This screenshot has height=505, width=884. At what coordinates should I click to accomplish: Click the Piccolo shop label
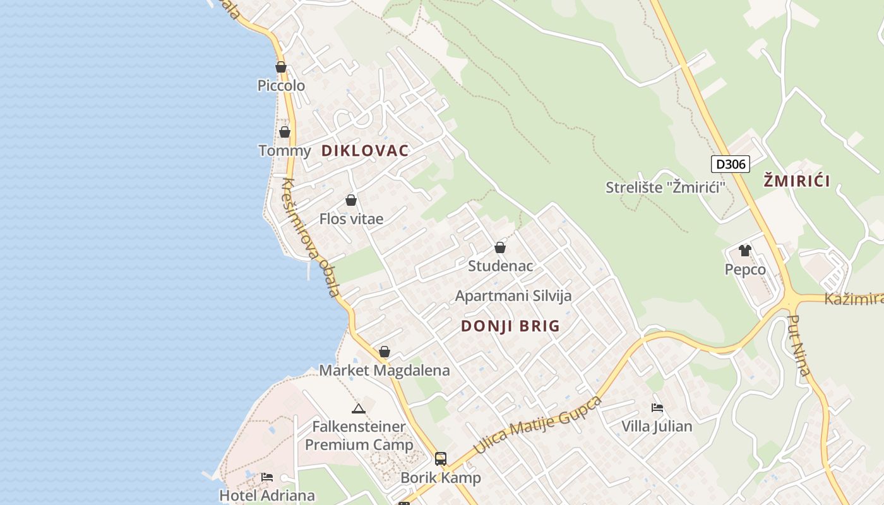pyautogui.click(x=281, y=85)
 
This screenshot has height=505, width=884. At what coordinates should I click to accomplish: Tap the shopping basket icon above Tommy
pyautogui.click(x=285, y=132)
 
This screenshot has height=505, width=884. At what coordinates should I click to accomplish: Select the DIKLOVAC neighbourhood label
pyautogui.click(x=365, y=150)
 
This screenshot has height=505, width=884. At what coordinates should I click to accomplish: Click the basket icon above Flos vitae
pyautogui.click(x=351, y=200)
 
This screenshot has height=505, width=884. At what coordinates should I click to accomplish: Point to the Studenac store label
pyautogui.click(x=500, y=266)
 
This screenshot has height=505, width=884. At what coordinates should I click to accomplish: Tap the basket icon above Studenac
pyautogui.click(x=500, y=247)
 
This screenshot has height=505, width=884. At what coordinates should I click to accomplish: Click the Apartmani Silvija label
pyautogui.click(x=513, y=295)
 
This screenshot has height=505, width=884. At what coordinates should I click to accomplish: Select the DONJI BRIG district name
pyautogui.click(x=510, y=326)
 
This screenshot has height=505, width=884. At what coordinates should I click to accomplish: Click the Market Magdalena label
pyautogui.click(x=384, y=370)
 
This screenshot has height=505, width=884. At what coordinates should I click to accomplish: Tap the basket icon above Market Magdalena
pyautogui.click(x=385, y=352)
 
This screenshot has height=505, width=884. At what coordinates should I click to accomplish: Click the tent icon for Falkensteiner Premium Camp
pyautogui.click(x=359, y=408)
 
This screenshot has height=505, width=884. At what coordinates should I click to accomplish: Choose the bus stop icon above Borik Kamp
pyautogui.click(x=441, y=459)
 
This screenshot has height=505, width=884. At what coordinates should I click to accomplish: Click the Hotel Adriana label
pyautogui.click(x=267, y=495)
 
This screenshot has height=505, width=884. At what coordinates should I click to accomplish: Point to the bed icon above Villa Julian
pyautogui.click(x=657, y=408)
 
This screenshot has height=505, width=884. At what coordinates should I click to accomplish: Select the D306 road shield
pyautogui.click(x=730, y=165)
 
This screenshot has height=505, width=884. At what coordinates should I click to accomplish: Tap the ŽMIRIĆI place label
pyautogui.click(x=796, y=181)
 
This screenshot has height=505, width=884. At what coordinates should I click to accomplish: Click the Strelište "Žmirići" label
pyautogui.click(x=666, y=187)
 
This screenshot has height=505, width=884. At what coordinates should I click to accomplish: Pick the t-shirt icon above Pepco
pyautogui.click(x=745, y=251)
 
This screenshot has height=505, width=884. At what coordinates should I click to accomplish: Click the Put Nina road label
pyautogui.click(x=800, y=345)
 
